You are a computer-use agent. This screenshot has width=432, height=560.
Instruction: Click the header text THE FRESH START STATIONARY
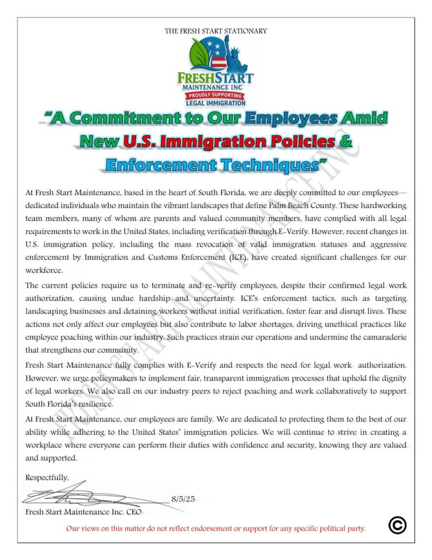216,31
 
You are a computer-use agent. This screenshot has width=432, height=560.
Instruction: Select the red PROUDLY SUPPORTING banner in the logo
215,95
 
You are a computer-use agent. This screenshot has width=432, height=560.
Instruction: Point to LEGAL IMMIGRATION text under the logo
216,103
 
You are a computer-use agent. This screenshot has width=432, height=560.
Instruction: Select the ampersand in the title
345,142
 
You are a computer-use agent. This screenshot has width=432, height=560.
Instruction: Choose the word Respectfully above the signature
47,477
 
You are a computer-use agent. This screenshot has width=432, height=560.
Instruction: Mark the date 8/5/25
183,499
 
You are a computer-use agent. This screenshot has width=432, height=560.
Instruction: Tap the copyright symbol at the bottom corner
397,525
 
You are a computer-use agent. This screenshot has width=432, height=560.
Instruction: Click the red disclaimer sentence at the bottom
216,528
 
